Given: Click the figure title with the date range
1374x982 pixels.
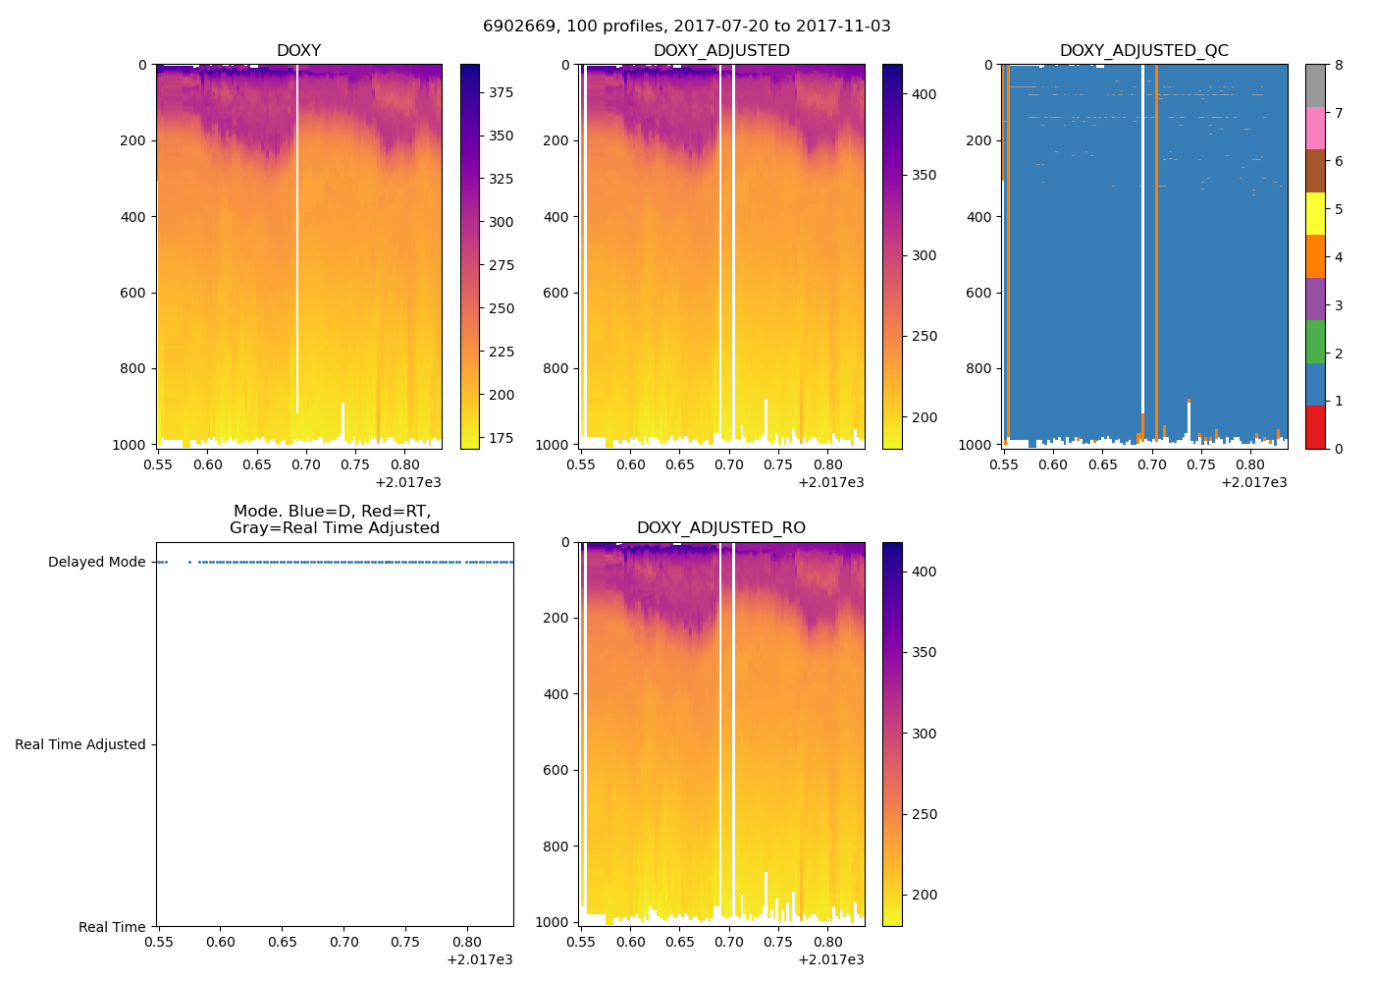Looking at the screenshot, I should pos(687,27).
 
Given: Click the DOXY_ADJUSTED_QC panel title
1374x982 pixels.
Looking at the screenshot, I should pos(1144,51).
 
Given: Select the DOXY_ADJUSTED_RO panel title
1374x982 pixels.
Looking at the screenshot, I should pos(721,528).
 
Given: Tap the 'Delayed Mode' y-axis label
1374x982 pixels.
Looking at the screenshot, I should pos(96,563).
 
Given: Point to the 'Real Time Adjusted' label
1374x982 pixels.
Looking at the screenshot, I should pos(80,744).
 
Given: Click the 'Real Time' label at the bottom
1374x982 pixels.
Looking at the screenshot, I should pos(112,927).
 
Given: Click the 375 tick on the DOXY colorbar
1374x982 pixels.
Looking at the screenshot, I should pos(502,92).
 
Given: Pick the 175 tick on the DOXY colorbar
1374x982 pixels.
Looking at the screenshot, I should pos(502,438).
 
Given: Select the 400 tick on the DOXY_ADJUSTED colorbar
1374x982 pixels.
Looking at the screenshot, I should pos(924,94).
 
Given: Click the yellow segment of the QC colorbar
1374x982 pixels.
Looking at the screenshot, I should pos(1315,213).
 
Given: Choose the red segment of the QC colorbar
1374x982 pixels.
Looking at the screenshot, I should pos(1315,426).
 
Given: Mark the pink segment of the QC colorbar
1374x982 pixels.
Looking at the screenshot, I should pos(1315,128).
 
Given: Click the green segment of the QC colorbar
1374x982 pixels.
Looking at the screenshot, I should pos(1315,341).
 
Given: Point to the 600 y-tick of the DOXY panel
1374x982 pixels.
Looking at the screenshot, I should pos(133,293).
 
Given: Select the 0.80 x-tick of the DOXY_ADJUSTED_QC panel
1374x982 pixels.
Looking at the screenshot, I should pos(1249,464).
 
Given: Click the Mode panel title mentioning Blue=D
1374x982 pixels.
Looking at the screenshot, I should pos(334,519).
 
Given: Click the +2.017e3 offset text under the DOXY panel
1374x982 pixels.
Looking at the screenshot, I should pos(407,482).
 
